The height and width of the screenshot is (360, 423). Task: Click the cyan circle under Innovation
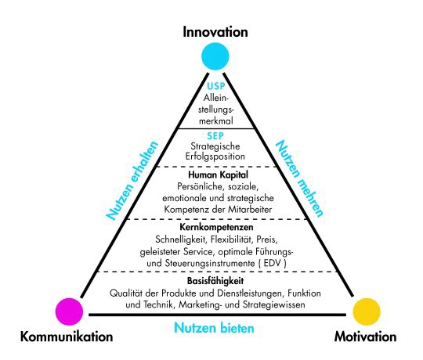point(215,56)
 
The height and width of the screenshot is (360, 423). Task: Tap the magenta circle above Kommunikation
point(69,311)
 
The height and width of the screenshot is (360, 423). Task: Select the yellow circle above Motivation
point(367,311)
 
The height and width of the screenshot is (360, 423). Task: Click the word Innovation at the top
point(215,32)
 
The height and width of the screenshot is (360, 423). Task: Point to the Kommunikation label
point(67,337)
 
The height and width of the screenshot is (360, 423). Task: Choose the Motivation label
point(365,337)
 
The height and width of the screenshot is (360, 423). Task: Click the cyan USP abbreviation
point(216,86)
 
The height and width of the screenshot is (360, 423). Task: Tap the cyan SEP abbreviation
point(215,136)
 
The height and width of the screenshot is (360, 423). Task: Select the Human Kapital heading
point(218,175)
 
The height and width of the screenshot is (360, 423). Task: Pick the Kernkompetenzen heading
point(216,227)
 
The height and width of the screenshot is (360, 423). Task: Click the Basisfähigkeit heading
point(215,281)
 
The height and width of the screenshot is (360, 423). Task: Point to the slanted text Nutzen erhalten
point(132,180)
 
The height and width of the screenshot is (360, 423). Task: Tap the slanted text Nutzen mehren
point(299,178)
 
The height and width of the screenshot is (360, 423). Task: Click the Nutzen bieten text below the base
point(214,328)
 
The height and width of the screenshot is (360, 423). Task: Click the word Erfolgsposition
point(215,157)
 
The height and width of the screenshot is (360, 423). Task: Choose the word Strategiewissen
point(274,304)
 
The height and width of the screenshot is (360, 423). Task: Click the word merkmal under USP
point(216,121)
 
